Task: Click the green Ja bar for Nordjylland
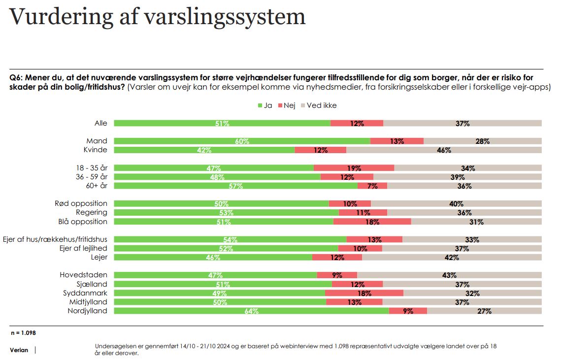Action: [251, 311]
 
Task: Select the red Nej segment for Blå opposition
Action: [372, 222]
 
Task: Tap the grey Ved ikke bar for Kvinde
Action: [444, 150]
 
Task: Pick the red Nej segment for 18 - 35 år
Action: [354, 168]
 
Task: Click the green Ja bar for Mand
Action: [242, 141]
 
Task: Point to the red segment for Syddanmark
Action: [364, 293]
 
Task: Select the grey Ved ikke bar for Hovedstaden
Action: [449, 275]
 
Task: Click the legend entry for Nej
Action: [287, 105]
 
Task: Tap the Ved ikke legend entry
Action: [319, 105]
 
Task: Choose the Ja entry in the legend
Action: [265, 105]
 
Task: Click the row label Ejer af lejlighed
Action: [83, 248]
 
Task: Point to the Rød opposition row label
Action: [81, 203]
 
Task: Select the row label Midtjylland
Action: [88, 302]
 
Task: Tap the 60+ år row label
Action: [97, 186]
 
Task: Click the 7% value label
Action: [372, 186]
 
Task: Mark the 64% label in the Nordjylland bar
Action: [251, 311]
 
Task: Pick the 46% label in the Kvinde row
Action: [444, 150]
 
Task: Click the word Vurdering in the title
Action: [62, 17]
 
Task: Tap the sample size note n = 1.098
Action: [23, 333]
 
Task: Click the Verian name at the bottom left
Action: [19, 350]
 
